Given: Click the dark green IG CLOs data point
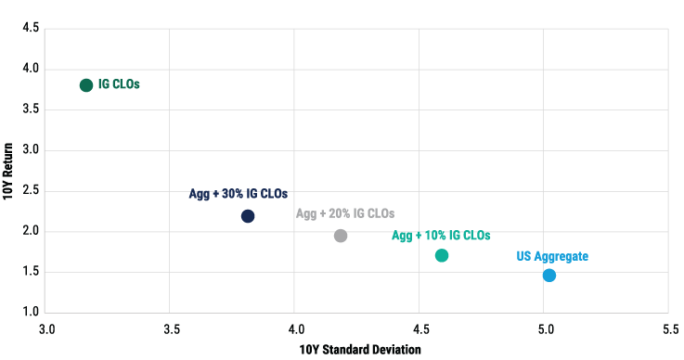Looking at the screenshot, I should pos(86,85).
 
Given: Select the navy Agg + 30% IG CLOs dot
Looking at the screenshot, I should pos(248,216).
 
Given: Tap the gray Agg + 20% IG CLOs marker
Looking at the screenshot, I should pos(341,236).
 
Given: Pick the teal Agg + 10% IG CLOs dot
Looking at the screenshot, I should pos(442,255).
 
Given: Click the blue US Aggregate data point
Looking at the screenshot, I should pos(549,276).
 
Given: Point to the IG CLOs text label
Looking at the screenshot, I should pos(119,84).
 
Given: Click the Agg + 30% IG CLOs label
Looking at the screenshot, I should pos(239,195).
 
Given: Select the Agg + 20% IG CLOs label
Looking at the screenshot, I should pos(345,213).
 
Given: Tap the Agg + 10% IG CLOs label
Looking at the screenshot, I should pos(441,236).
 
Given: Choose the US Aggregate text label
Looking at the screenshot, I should pos(552,256).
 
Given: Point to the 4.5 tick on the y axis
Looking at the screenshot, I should pos(30,28).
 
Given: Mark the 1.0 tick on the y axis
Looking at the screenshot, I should pos(30,313).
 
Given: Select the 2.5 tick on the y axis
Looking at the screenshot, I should pos(30,191).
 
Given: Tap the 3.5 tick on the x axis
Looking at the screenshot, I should pos(170,328).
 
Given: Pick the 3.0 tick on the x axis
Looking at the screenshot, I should pos(45,328).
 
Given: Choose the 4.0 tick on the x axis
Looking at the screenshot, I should pos(295,328).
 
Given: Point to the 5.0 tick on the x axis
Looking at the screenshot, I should pos(545,328).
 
